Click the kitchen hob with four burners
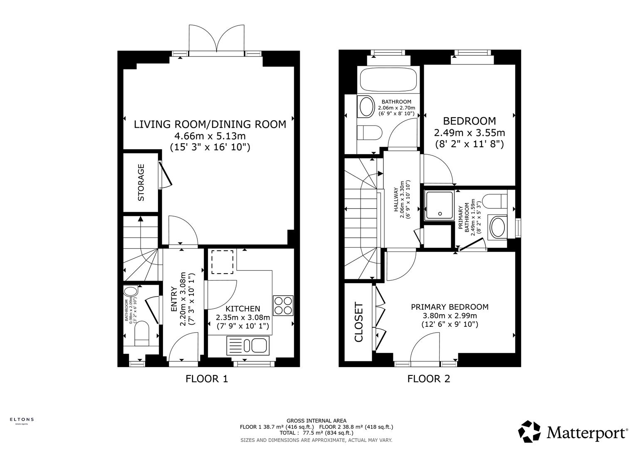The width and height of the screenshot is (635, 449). click(x=283, y=305)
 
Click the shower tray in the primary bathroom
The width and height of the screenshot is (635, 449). click(x=439, y=205)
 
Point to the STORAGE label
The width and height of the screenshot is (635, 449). click(x=141, y=183)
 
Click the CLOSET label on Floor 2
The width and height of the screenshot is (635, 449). click(x=358, y=322)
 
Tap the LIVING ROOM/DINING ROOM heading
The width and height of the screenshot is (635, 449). click(x=210, y=124)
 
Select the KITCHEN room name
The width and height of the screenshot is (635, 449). click(x=243, y=308)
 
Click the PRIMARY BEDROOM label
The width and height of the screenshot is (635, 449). click(x=450, y=307)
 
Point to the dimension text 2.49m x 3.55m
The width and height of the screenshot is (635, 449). click(x=469, y=133)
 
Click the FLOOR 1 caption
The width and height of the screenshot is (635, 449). click(x=207, y=379)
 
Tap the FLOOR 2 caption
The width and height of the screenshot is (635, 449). click(x=429, y=379)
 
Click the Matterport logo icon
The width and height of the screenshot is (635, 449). click(x=529, y=432)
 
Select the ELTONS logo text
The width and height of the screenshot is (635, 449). click(x=22, y=419)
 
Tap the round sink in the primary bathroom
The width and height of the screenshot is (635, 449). click(x=497, y=227)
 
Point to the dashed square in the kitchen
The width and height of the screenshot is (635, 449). click(x=222, y=262)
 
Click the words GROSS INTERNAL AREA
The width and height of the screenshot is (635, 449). click(x=316, y=421)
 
